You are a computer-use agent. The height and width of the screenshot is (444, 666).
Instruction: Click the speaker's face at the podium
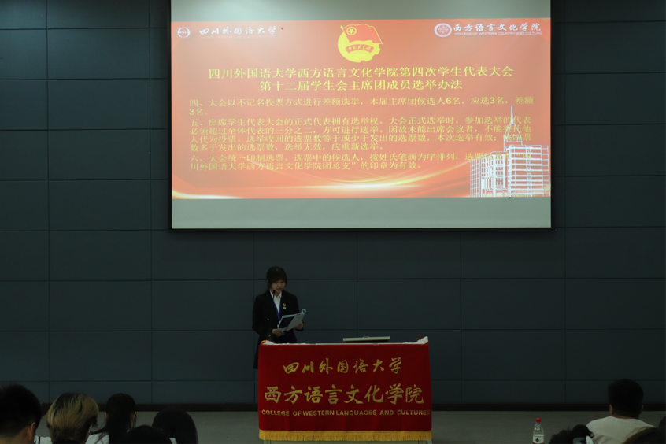[276, 282]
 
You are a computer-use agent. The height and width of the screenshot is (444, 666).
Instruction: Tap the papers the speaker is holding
[293, 320]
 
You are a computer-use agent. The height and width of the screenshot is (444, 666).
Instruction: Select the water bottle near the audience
[538, 431]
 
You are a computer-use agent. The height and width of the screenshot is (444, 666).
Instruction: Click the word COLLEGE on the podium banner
[277, 413]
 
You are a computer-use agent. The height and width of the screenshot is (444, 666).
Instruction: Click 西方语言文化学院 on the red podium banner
[343, 393]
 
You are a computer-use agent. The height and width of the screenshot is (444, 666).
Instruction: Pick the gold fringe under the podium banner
[345, 435]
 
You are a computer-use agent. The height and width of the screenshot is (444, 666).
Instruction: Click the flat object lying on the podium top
[365, 339]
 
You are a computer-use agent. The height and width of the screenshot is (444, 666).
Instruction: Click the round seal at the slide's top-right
[442, 30]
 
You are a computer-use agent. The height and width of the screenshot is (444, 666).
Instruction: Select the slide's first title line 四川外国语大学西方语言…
[360, 72]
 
